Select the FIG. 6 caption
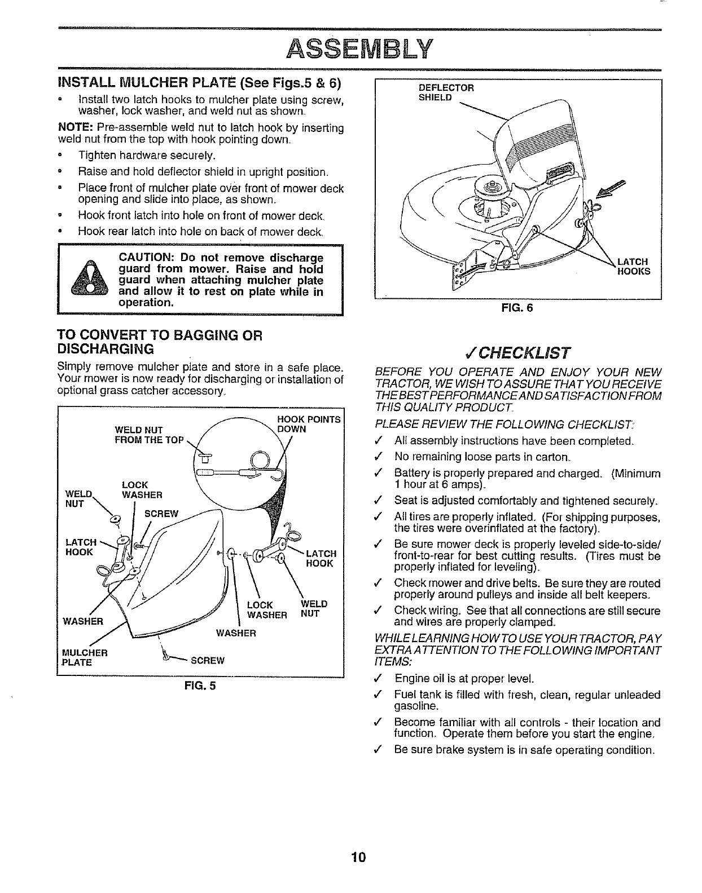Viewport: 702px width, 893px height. [517, 308]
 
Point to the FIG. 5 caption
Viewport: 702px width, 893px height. [201, 686]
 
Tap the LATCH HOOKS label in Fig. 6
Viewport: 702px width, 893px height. [633, 266]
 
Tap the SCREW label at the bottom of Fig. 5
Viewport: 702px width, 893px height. [208, 661]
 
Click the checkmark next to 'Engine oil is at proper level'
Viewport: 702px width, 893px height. [382, 678]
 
